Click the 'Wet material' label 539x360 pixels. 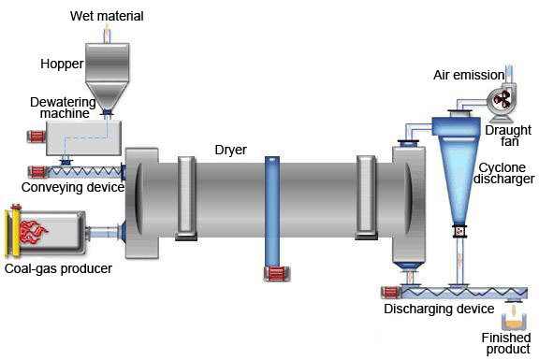point(107,16)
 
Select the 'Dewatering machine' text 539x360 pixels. point(64,108)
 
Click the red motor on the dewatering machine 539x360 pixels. point(36,137)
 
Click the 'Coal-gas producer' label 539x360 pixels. point(58,268)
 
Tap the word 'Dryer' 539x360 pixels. point(230,150)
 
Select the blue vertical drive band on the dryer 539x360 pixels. point(272,211)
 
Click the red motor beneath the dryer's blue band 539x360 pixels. point(277,274)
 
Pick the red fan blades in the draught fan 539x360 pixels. point(503,100)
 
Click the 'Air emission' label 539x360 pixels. point(469,75)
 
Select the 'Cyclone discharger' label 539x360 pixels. point(504,174)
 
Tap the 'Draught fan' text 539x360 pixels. point(508,136)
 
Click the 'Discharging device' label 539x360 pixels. point(439,309)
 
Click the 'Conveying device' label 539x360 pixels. point(73,188)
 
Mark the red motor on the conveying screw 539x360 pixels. point(37,171)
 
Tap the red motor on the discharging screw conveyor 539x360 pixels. point(391,293)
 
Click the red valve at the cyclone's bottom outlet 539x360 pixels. point(459,231)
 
